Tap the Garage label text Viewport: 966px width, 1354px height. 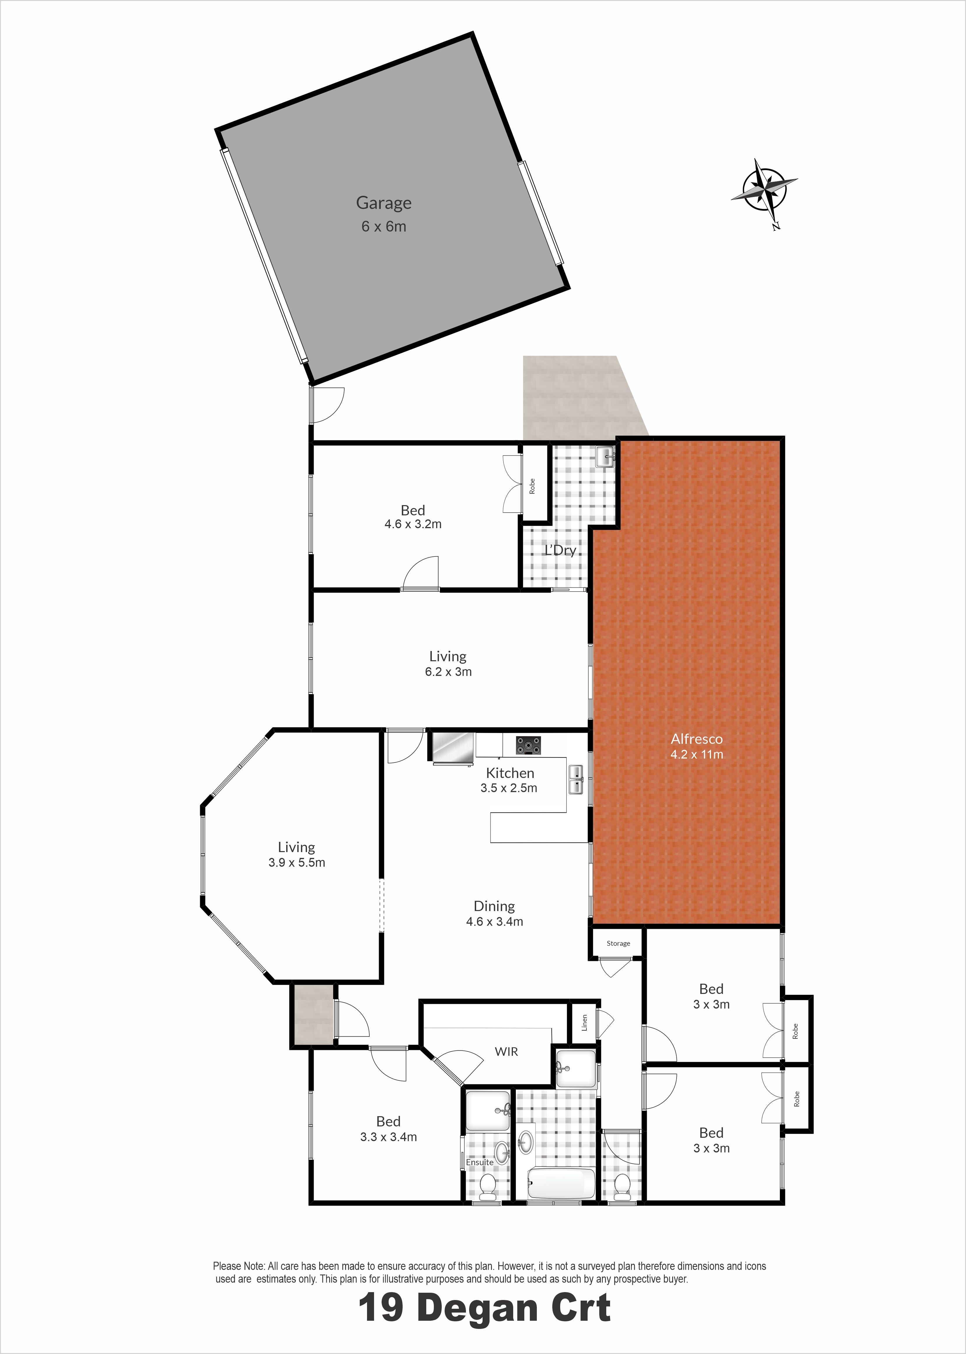pos(384,203)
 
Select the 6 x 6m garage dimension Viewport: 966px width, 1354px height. pos(384,227)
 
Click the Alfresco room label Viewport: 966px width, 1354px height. pos(696,739)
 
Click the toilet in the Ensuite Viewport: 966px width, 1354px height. pos(487,1186)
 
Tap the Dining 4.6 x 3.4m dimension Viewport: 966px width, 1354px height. pos(494,922)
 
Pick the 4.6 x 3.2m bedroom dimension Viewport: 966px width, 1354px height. pos(413,524)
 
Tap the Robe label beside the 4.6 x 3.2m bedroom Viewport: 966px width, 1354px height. pos(532,486)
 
